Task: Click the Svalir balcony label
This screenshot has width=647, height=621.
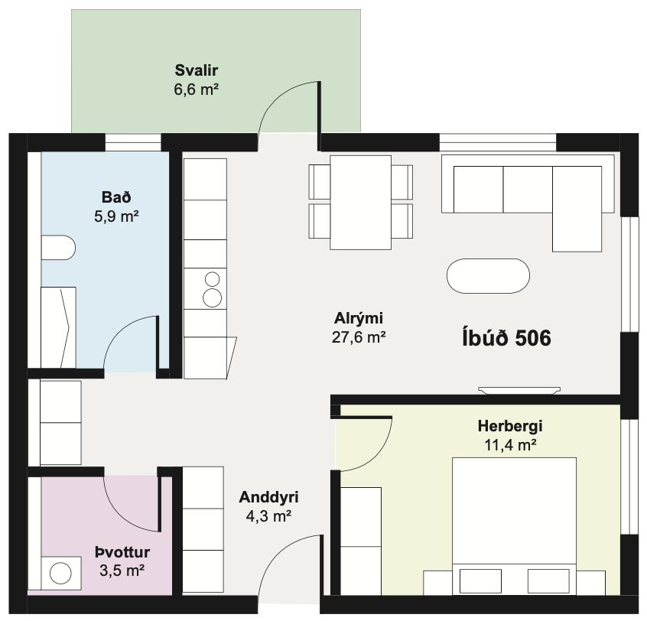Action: pos(197,70)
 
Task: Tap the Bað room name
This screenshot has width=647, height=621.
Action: pos(116,197)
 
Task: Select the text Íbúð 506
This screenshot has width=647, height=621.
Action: pos(507,338)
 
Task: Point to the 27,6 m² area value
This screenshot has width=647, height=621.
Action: pos(359,337)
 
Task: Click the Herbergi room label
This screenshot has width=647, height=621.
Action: pos(510,426)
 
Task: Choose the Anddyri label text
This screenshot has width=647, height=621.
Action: pos(268,497)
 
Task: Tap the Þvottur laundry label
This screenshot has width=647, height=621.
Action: pos(122,551)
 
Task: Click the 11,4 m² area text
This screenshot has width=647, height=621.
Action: pos(510,445)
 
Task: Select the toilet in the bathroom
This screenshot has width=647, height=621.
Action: pos(58,248)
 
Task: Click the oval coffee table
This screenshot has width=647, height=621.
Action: pos(488,276)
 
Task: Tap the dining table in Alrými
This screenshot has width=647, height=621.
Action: pos(361,203)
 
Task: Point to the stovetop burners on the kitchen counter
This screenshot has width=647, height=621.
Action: pos(213,289)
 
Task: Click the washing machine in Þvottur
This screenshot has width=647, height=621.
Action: pos(60,573)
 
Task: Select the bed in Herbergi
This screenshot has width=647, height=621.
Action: pos(514,526)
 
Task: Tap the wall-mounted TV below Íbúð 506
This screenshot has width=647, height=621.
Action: pos(519,390)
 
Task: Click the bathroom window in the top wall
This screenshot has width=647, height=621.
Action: pos(133,143)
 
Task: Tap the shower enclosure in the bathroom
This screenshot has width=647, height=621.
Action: pos(58,327)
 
